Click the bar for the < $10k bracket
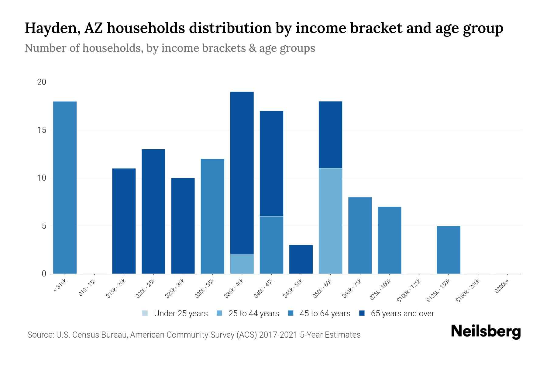point(65,187)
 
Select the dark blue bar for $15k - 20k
point(124,221)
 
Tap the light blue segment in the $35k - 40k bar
point(242,264)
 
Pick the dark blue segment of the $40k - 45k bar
point(271,163)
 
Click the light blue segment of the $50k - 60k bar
point(330,221)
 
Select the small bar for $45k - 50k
point(301,259)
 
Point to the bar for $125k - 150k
point(448,250)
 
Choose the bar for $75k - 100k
point(389,240)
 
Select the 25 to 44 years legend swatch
point(219,313)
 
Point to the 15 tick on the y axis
point(42,130)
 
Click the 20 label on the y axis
point(42,82)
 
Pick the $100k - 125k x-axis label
point(409,290)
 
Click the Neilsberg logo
point(486,332)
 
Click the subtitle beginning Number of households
point(170,48)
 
